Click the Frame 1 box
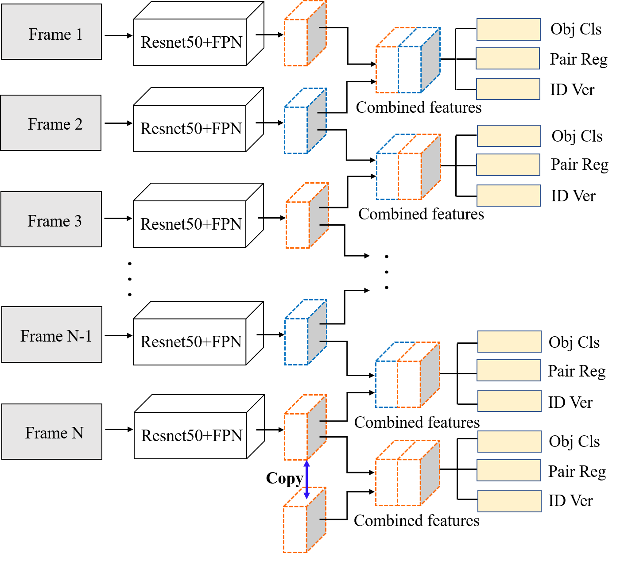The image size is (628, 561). (x=51, y=32)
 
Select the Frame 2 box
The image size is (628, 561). (x=50, y=123)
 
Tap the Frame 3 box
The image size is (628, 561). (x=51, y=219)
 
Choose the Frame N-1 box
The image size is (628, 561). (x=52, y=334)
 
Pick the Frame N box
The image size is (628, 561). (x=52, y=431)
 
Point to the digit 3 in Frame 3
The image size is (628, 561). (x=78, y=221)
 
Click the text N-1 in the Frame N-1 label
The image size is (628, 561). (x=80, y=336)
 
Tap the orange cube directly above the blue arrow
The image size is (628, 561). (x=305, y=428)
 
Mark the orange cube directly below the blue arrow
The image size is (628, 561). (x=304, y=521)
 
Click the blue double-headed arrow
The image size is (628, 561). (x=306, y=479)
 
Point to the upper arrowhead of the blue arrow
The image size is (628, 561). (x=306, y=464)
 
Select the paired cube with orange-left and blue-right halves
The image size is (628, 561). (x=407, y=61)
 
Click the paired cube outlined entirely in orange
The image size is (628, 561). (x=407, y=473)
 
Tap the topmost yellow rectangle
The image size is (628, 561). (x=508, y=29)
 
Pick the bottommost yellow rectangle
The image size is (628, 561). (x=509, y=501)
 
